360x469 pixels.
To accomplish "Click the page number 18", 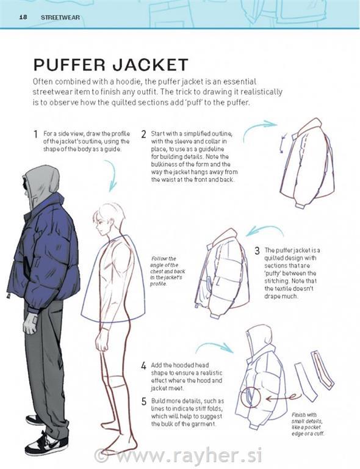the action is (x=23, y=17).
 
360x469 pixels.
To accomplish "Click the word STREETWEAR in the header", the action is (x=60, y=17).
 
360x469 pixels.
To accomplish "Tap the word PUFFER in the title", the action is (x=70, y=65).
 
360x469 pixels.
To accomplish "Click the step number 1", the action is (x=35, y=134).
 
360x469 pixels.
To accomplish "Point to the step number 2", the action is (x=144, y=134).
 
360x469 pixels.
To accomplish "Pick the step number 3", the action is (x=257, y=250).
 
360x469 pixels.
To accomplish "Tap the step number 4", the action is (x=144, y=366).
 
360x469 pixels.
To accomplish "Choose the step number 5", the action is (x=144, y=401).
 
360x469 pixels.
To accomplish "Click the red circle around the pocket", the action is (x=241, y=398).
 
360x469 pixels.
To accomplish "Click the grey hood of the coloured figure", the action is (x=43, y=185).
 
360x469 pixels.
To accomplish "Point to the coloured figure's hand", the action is (x=30, y=324).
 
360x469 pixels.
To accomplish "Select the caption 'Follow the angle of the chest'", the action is (x=167, y=271).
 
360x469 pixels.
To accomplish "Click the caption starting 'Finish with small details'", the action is (x=308, y=424).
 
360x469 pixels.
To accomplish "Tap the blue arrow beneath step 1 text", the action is (x=113, y=176).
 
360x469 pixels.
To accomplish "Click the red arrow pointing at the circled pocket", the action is (x=283, y=398).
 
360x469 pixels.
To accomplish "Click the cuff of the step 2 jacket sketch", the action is (x=299, y=205).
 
